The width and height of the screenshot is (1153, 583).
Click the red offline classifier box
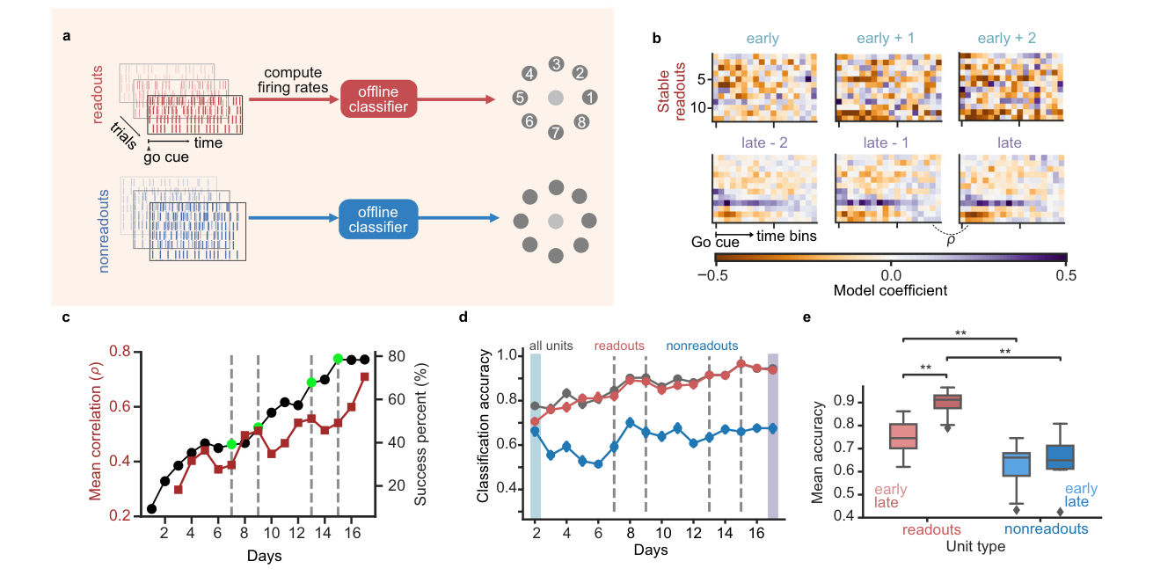click(x=378, y=98)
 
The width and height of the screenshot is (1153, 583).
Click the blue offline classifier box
click(x=378, y=219)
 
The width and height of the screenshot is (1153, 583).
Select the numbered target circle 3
click(x=556, y=64)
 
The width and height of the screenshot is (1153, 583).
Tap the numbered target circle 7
click(x=556, y=132)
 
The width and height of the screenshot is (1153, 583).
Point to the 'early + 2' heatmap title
click(x=1006, y=38)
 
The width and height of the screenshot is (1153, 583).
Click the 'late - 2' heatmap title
click(x=764, y=142)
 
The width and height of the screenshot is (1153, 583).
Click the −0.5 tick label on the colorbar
click(x=712, y=276)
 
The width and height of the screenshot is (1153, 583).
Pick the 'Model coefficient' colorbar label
click(x=890, y=291)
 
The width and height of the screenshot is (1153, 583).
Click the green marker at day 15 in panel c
click(x=339, y=359)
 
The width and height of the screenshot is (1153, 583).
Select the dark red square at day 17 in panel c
click(x=365, y=377)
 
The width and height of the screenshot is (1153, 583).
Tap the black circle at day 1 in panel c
click(x=151, y=509)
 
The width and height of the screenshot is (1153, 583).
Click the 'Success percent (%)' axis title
click(x=420, y=434)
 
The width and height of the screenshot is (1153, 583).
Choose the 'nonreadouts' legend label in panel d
click(x=702, y=346)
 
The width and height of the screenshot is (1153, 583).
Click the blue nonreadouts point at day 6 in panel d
click(x=598, y=463)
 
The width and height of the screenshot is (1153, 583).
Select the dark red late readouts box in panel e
click(x=947, y=402)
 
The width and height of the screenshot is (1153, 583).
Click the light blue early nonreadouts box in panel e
click(x=1016, y=464)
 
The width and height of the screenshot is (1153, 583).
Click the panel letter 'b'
click(x=656, y=39)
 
